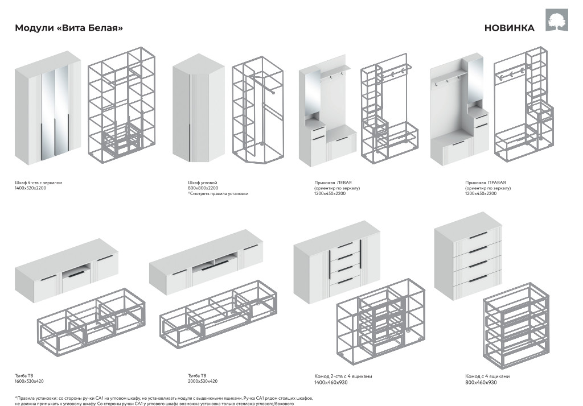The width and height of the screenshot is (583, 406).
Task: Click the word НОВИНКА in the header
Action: (x=509, y=28)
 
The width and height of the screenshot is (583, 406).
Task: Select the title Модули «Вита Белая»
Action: (x=68, y=28)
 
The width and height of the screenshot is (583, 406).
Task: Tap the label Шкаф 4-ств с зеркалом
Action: (x=38, y=183)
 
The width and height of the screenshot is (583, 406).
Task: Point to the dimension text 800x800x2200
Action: (x=203, y=188)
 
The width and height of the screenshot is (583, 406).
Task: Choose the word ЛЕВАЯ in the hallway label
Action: (x=346, y=183)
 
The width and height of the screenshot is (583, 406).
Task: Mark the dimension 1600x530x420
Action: (x=29, y=381)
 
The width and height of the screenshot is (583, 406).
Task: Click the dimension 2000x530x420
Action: (x=203, y=381)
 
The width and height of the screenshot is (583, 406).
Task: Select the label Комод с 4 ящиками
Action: (x=487, y=376)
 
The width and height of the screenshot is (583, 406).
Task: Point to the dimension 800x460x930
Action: (x=481, y=382)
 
